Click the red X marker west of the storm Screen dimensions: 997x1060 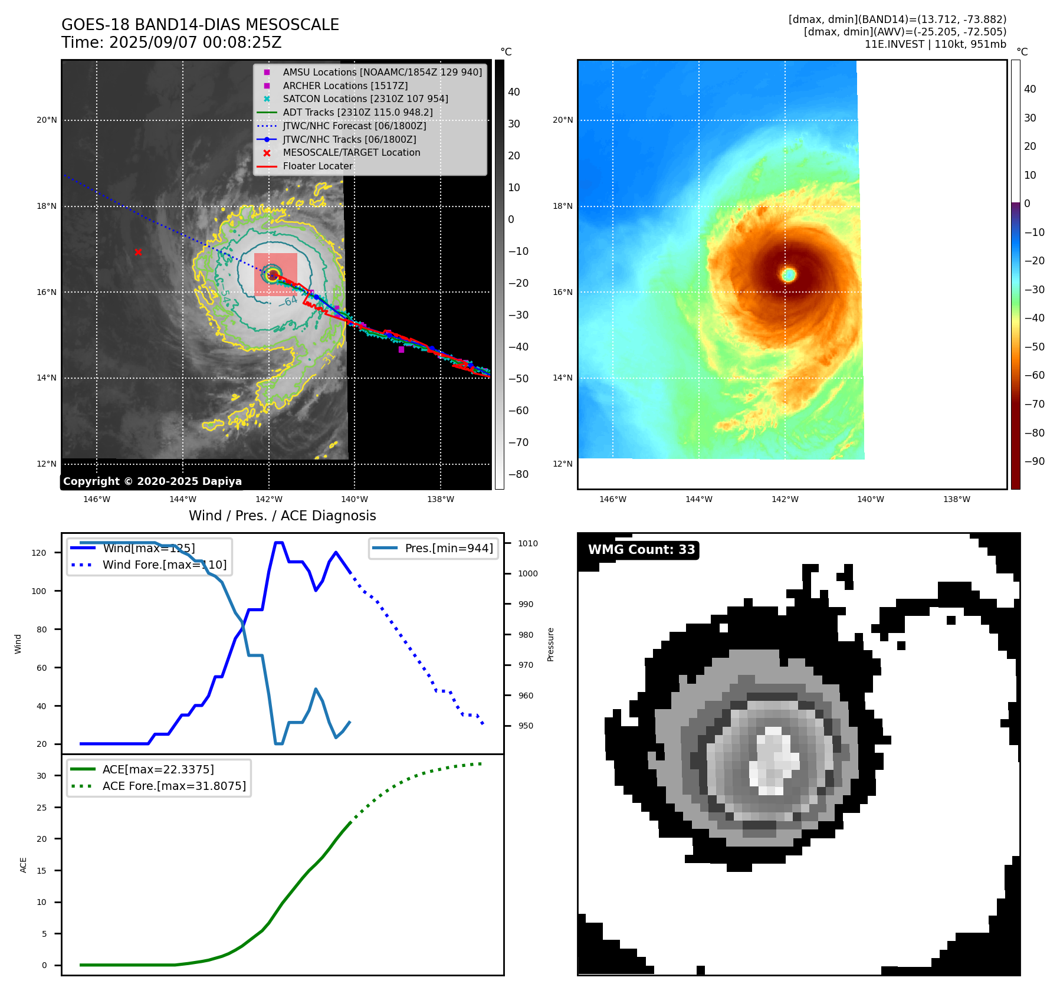(138, 252)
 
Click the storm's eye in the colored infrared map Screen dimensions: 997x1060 (789, 274)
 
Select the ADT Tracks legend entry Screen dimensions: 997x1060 (357, 112)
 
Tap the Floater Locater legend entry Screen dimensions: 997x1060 (317, 166)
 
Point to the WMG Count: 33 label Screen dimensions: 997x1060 (641, 550)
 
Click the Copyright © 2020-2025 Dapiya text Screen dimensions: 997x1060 (152, 481)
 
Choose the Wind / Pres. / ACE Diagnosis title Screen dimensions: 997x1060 (282, 516)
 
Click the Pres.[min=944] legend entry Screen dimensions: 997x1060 (448, 548)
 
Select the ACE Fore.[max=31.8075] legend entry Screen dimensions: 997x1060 (173, 786)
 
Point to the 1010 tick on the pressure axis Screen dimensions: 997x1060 (528, 543)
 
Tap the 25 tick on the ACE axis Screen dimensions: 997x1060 (41, 808)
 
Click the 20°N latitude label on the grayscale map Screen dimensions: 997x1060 (47, 120)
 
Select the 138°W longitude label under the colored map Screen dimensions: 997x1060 (956, 499)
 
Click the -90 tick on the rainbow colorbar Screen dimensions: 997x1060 (1034, 461)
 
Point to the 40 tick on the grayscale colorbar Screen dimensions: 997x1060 (514, 92)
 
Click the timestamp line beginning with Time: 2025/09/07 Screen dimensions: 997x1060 (171, 43)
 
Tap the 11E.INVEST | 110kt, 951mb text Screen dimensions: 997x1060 (935, 44)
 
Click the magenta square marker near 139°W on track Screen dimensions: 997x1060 (401, 350)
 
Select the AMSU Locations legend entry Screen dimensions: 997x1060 (382, 72)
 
